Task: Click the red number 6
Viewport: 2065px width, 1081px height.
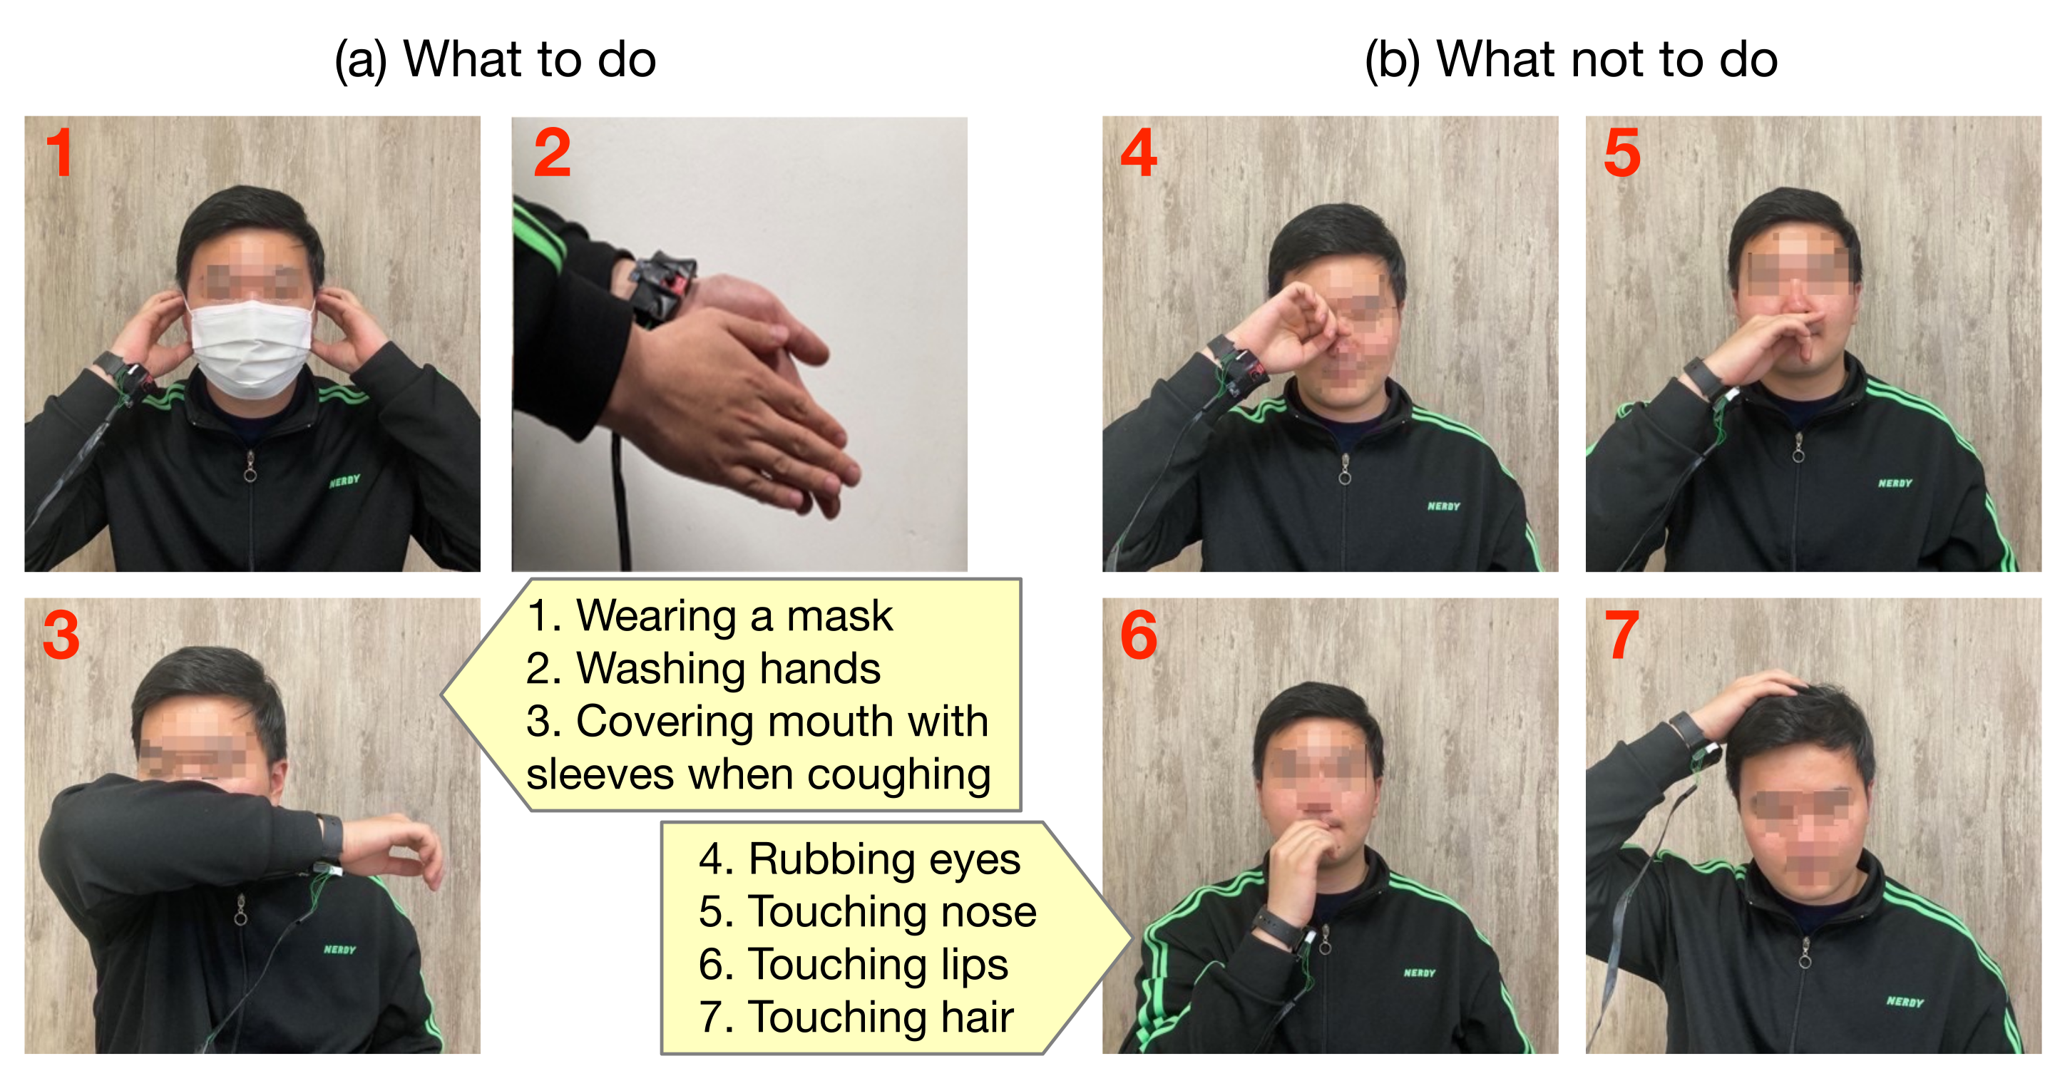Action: coord(1138,635)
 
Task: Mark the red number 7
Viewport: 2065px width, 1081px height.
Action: coord(1621,635)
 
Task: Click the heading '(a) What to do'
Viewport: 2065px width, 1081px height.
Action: coord(496,59)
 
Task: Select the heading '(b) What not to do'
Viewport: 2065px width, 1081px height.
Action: coord(1571,59)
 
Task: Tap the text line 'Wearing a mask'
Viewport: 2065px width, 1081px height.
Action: coord(734,616)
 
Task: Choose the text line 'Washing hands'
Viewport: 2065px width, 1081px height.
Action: coord(728,668)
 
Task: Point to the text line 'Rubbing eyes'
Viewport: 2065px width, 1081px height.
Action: coord(884,860)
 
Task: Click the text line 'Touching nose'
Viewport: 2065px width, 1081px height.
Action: coord(892,912)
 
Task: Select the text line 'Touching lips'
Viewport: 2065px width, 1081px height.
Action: coord(878,965)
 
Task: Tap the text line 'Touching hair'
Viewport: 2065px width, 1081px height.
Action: coord(881,1017)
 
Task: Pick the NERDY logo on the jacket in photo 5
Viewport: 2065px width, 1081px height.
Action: coord(1895,483)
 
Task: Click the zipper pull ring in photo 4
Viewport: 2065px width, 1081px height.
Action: coord(1344,476)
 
